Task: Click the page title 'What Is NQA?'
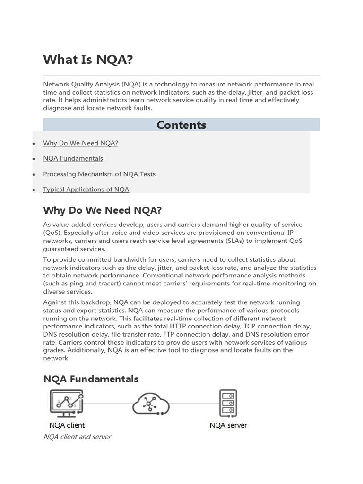pos(88,60)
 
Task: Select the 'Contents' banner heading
pos(181,125)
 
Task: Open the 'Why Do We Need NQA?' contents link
pos(80,143)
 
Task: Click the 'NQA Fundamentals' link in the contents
pos(73,159)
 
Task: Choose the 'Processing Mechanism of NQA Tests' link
pos(99,174)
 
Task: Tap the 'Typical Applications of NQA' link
pos(86,190)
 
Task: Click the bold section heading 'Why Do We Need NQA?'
pos(102,210)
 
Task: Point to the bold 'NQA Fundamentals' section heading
pos(91,379)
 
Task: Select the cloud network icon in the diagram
pos(150,403)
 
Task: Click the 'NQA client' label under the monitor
pos(67,425)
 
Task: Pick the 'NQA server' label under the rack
pos(228,425)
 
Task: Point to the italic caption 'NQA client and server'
pos(77,437)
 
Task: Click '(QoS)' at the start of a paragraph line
pos(52,233)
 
